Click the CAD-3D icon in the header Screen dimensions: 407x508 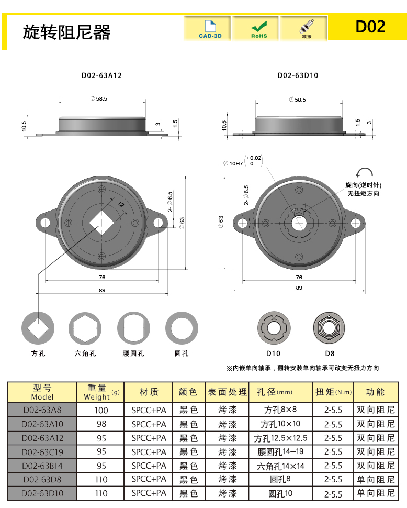210,29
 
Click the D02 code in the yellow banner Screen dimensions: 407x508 370,27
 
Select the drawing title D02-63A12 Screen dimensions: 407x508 101,75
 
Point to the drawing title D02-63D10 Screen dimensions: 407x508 298,75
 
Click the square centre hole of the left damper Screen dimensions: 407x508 101,223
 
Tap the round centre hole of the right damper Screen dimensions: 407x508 299,223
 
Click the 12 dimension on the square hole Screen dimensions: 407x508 121,204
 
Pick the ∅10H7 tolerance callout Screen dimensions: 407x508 242,161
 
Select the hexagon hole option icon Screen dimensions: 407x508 85,328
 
